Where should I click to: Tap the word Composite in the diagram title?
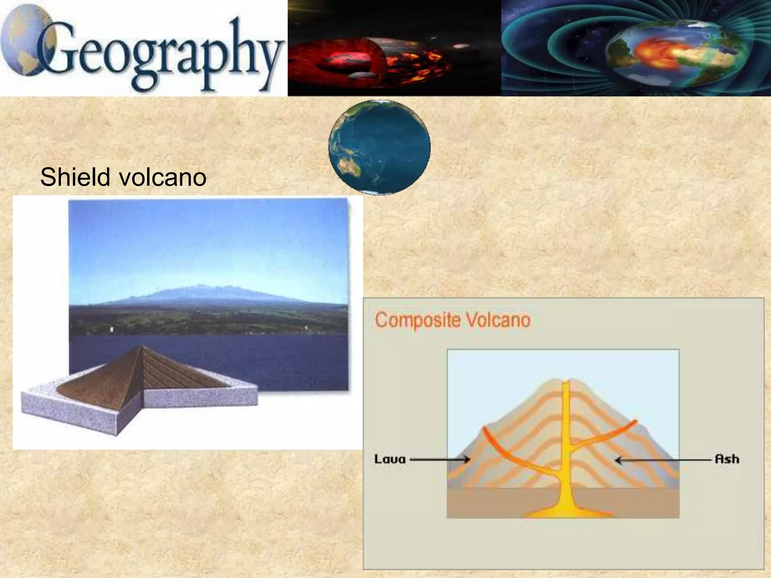[417, 320]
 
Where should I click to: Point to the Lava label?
[390, 459]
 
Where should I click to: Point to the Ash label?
[727, 459]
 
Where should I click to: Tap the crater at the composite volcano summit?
[569, 381]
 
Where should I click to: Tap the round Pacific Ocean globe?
[379, 147]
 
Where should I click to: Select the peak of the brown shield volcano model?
[142, 347]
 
